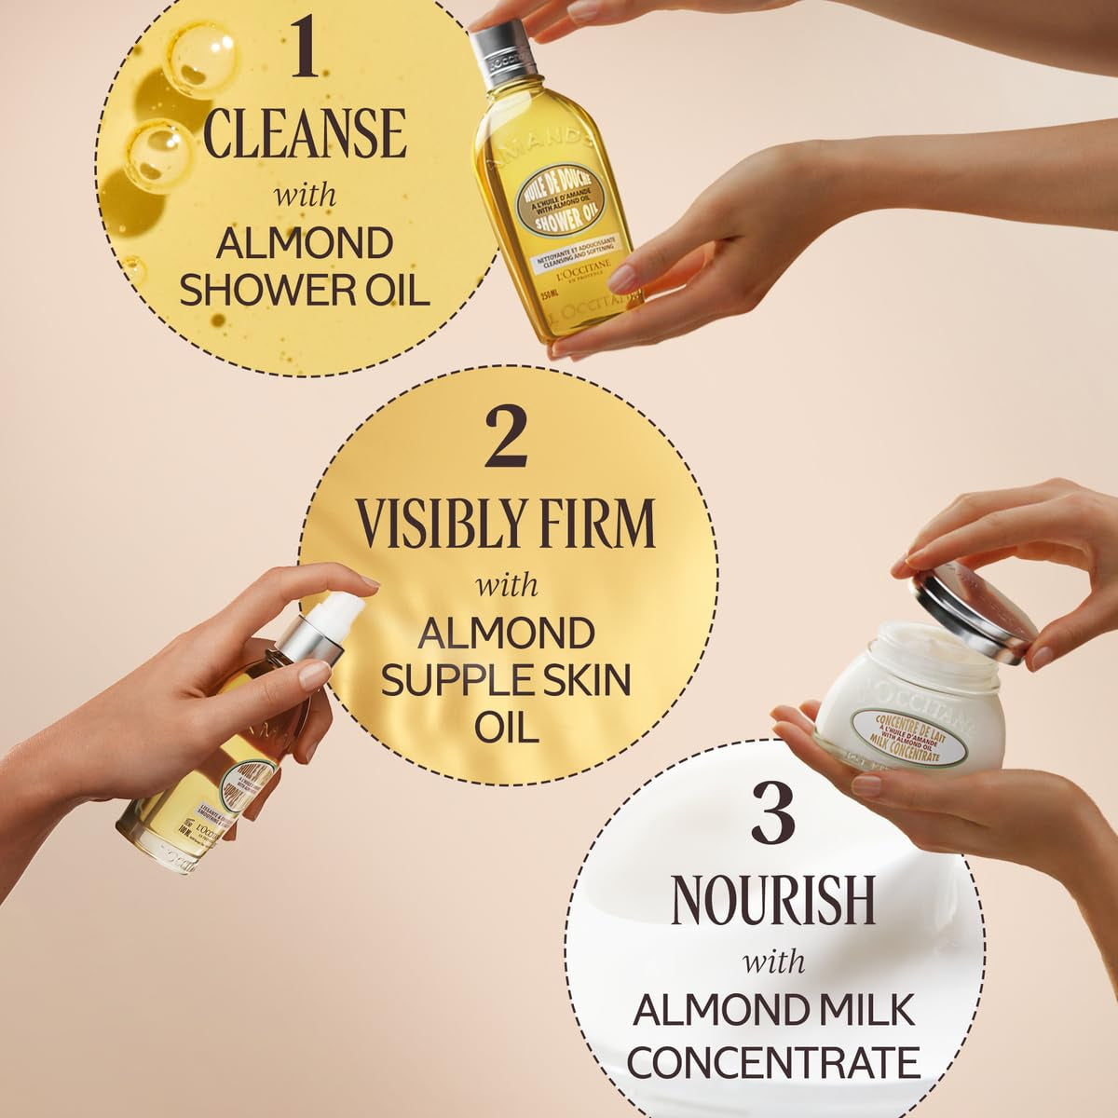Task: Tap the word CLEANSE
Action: [x=305, y=133]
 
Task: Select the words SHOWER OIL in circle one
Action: [x=305, y=289]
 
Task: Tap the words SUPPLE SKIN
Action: [x=506, y=680]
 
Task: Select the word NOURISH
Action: [x=773, y=899]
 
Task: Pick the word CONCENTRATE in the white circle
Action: [x=773, y=1062]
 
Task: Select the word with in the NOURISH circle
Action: [x=773, y=961]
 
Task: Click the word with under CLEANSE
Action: [x=305, y=197]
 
